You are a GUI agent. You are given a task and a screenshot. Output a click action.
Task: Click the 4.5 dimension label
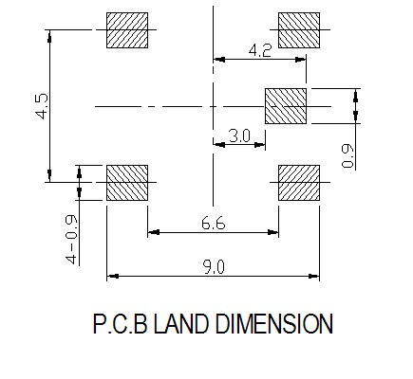(x=42, y=106)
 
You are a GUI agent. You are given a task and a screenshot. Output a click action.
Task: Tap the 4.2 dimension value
(x=260, y=50)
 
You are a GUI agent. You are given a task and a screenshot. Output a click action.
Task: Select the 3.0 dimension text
(x=239, y=136)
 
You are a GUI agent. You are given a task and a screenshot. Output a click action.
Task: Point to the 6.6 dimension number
(x=214, y=224)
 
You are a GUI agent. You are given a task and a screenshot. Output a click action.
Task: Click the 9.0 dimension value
(x=214, y=267)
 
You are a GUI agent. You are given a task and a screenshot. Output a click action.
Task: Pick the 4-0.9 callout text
(x=71, y=240)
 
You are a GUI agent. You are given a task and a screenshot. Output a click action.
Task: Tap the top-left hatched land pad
(x=127, y=30)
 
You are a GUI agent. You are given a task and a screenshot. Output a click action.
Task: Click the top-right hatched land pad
(x=299, y=30)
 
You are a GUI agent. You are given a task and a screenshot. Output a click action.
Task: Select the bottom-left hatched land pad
(x=127, y=183)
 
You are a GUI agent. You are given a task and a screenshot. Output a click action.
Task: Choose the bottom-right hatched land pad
(x=299, y=183)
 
